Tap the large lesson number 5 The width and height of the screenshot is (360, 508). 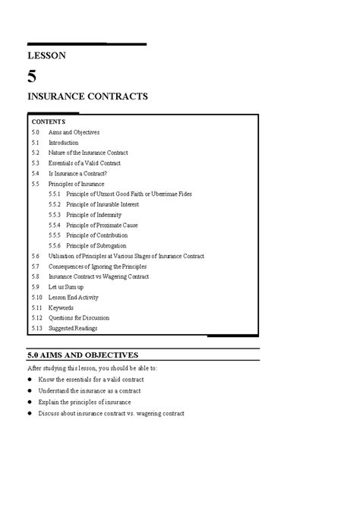coord(31,75)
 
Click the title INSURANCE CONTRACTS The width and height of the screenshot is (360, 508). coord(87,96)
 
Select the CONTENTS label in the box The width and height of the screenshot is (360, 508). coord(49,121)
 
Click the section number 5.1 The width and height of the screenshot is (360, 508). coord(36,142)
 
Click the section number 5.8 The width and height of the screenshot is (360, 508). coord(36,277)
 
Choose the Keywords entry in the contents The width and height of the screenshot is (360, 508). coord(62,308)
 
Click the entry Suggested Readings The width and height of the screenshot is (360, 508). coord(73,328)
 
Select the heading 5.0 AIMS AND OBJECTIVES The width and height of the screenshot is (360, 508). coord(93,355)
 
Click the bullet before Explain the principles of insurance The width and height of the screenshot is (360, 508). coord(31,402)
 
